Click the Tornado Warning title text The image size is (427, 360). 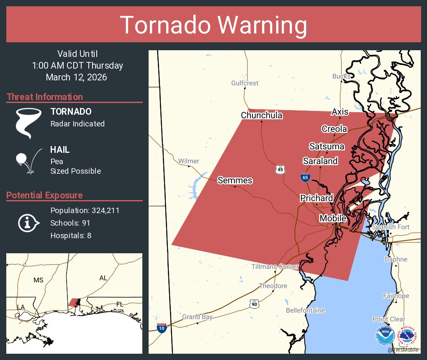point(213,25)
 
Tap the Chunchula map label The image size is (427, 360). point(262,116)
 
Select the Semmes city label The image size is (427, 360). point(235,180)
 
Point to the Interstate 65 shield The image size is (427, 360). point(305,177)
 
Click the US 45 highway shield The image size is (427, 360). point(280,169)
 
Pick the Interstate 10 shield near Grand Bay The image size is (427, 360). point(162,328)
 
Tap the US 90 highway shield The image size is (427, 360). point(254,304)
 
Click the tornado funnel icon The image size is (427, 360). point(28,123)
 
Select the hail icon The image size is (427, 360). point(28,161)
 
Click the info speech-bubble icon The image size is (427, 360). point(28,223)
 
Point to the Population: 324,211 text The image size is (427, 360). point(85,210)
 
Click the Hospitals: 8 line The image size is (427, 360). point(71,235)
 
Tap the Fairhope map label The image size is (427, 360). point(396,296)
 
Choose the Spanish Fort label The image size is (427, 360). point(391,227)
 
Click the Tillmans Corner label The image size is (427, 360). point(275,267)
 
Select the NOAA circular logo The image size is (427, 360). point(386,336)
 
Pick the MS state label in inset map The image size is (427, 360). point(39,280)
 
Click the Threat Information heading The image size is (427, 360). point(45,97)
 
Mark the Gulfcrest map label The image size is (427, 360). point(245,83)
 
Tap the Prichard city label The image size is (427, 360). point(316,198)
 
